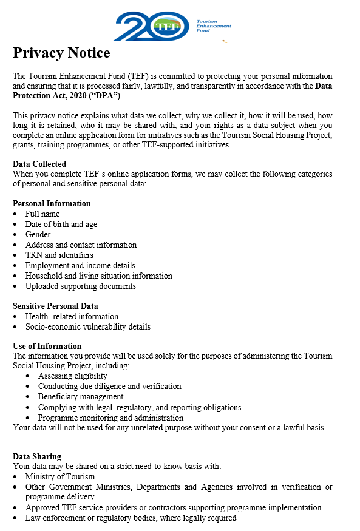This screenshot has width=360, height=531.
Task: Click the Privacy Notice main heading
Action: pos(61,53)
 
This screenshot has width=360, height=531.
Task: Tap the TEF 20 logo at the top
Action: pos(152,25)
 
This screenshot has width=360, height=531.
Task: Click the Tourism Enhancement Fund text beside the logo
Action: pos(213,25)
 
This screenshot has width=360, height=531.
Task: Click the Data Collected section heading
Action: pos(39,164)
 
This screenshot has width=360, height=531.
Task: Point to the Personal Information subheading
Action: pos(52,203)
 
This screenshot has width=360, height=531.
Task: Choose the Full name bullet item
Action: pos(42,214)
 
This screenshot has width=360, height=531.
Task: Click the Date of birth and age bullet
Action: pos(61,224)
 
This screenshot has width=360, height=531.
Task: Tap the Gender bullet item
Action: pos(38,234)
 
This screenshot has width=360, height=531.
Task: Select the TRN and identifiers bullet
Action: pos(59,255)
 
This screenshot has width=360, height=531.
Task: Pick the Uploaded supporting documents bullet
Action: pos(80,286)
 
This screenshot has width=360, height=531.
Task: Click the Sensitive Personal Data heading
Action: pos(55,306)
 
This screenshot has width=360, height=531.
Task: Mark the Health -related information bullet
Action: pos(72,316)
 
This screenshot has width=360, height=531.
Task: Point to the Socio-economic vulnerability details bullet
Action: pos(87,326)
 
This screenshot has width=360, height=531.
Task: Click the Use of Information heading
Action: pos(47,346)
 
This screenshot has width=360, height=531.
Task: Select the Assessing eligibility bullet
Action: pos(73,376)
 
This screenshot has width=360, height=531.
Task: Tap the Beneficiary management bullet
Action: pos(81,396)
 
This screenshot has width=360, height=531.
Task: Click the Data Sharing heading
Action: pos(37,456)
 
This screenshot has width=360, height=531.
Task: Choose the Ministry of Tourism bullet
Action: pos(60,476)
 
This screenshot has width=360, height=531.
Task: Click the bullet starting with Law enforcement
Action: pos(131,518)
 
